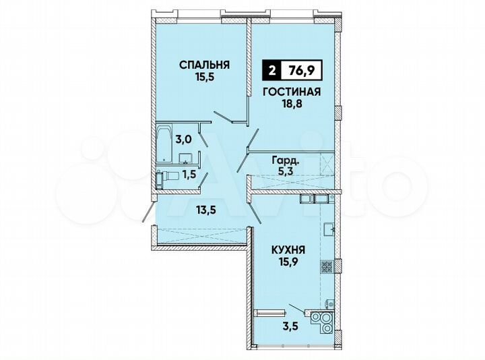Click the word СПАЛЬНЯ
click(x=205, y=65)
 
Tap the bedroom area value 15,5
click(x=205, y=78)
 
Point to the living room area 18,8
click(x=292, y=105)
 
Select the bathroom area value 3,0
click(x=183, y=140)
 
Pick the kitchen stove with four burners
click(x=327, y=266)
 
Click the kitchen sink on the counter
click(x=329, y=229)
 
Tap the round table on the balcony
click(x=321, y=321)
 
